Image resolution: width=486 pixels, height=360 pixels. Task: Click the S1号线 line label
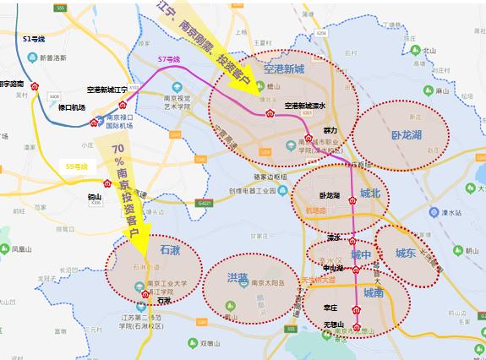pyautogui.click(x=35, y=39)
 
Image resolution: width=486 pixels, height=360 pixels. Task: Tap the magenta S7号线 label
pyautogui.click(x=169, y=58)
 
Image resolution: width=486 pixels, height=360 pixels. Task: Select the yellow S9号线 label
pyautogui.click(x=77, y=166)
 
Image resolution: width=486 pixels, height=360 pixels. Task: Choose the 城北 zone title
pyautogui.click(x=370, y=194)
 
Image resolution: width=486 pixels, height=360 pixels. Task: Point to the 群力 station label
pyautogui.click(x=329, y=131)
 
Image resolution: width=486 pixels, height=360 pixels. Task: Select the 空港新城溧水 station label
pyautogui.click(x=305, y=106)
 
